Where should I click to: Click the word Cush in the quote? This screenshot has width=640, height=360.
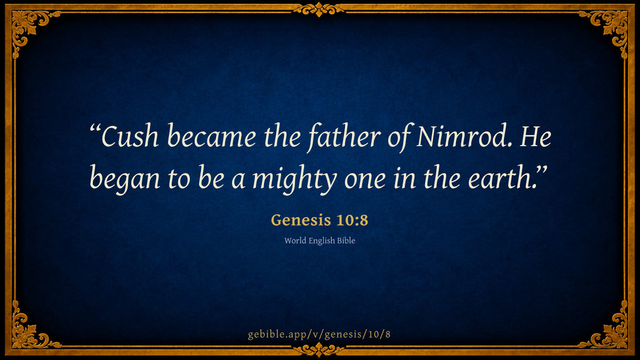coord(130,136)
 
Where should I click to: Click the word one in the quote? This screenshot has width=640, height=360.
coord(365,181)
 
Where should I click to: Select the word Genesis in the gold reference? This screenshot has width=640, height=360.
coord(301,220)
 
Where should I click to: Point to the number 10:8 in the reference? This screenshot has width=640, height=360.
coord(353,220)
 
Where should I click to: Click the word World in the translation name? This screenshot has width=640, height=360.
coord(295,241)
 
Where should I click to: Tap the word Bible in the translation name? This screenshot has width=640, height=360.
coord(346,241)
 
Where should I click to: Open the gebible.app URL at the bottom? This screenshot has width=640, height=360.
coord(319,334)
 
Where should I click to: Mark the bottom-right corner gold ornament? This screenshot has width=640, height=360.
coord(611,334)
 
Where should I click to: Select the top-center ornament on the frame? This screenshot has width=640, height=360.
coord(319,10)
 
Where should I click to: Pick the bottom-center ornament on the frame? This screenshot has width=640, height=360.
coord(319,350)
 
